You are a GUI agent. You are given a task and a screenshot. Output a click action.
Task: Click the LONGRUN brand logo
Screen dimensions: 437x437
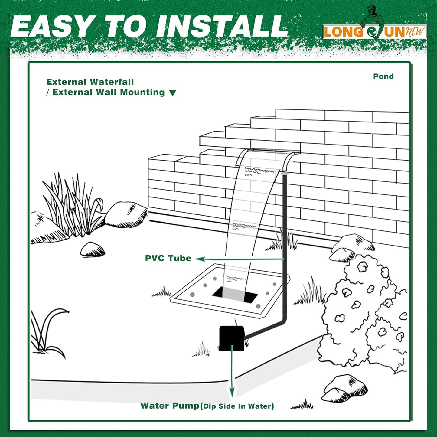[x=374, y=31]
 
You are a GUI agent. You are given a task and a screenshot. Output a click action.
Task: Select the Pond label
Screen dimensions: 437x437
[x=383, y=77]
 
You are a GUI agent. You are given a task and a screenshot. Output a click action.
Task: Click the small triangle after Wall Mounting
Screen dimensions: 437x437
[x=172, y=93]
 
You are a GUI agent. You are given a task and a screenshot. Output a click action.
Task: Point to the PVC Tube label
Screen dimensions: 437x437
[x=168, y=258]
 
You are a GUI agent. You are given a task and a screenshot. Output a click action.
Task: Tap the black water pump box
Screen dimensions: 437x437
[x=231, y=338]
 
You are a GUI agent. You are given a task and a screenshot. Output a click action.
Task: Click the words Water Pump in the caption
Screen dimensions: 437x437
[x=170, y=406]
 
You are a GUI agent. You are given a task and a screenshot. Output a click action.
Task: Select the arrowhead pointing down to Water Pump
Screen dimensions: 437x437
[x=232, y=393]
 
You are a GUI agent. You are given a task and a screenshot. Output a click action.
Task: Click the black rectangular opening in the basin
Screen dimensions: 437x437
[x=235, y=295]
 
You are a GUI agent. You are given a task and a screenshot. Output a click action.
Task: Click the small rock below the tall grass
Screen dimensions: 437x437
[x=92, y=249]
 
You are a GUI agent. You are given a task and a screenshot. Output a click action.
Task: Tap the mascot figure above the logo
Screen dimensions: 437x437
[x=374, y=15]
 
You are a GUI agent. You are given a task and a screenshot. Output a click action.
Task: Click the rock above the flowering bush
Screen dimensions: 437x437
[x=351, y=246]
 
